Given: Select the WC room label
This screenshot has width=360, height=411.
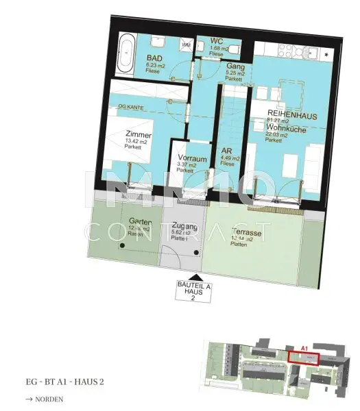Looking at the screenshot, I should [206, 40].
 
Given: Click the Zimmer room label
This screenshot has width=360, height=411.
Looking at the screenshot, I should [139, 135].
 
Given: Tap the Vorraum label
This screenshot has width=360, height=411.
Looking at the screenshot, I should [185, 157].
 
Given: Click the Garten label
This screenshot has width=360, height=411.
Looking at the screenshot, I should [140, 221].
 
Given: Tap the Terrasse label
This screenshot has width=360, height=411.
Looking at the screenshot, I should [247, 232].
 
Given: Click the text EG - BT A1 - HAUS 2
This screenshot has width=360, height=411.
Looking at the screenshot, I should [64, 381].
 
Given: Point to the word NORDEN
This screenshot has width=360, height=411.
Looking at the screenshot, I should [50, 399].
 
